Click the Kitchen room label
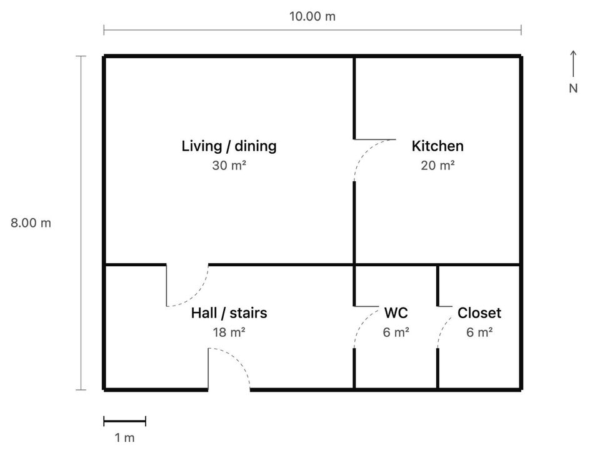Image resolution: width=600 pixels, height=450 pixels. pyautogui.click(x=437, y=146)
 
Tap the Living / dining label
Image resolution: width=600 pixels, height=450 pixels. pyautogui.click(x=229, y=146)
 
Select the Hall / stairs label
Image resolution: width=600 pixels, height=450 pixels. pyautogui.click(x=229, y=312)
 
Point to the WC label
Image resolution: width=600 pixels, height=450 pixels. pyautogui.click(x=396, y=312)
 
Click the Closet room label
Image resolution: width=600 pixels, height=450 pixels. pyautogui.click(x=479, y=312)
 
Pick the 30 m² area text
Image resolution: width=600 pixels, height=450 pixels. pyautogui.click(x=229, y=165)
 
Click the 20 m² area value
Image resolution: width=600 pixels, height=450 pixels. pyautogui.click(x=437, y=165)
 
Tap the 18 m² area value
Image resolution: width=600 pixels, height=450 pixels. pyautogui.click(x=229, y=332)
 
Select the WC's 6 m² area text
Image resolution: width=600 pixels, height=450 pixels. pyautogui.click(x=396, y=332)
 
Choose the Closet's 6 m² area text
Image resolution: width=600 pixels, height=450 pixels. pyautogui.click(x=479, y=332)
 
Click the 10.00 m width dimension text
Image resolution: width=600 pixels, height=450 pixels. pyautogui.click(x=312, y=16)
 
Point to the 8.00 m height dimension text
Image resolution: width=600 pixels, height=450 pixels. pyautogui.click(x=31, y=222)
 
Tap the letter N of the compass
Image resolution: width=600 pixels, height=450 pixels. pyautogui.click(x=573, y=88)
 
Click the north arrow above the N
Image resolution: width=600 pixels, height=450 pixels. pyautogui.click(x=573, y=64)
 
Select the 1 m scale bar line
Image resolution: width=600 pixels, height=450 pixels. pyautogui.click(x=125, y=422)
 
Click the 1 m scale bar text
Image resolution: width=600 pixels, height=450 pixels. pyautogui.click(x=125, y=437)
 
